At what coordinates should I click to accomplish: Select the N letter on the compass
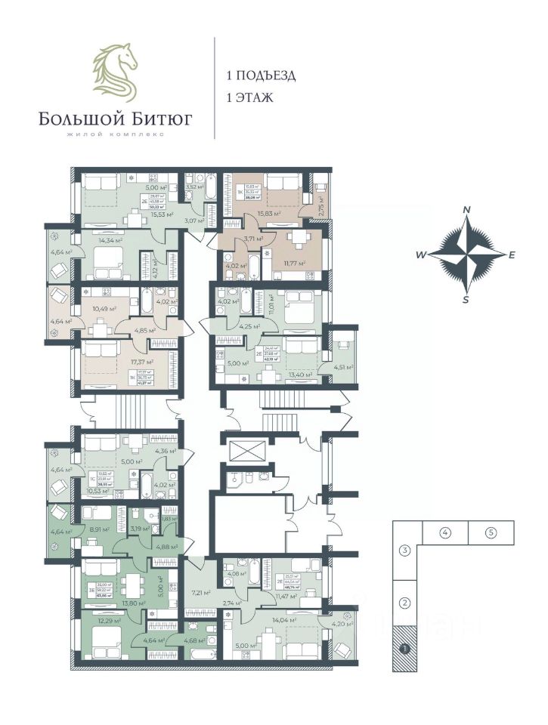pos(467,209)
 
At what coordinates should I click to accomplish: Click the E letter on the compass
pos(512,255)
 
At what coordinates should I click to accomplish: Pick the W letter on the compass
pos(420,255)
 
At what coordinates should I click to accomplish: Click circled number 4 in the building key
pos(445,533)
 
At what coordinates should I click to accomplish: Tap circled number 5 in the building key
pos(491,533)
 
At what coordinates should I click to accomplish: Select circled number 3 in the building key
pos(405,550)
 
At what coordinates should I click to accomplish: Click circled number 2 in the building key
pos(405,603)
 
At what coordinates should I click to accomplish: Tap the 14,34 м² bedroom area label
pos(110,241)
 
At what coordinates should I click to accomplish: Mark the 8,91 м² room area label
pos(98,530)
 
